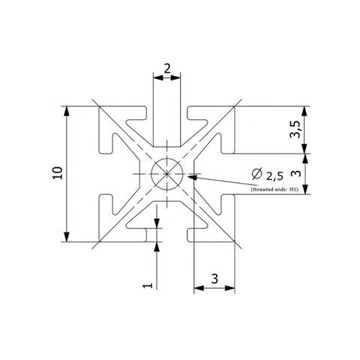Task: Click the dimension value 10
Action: pyautogui.click(x=58, y=172)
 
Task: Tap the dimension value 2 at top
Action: pyautogui.click(x=167, y=68)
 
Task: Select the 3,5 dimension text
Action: pyautogui.click(x=295, y=129)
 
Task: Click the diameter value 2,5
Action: pyautogui.click(x=274, y=176)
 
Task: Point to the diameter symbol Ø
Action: pyautogui.click(x=257, y=174)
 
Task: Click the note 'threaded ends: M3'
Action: pyautogui.click(x=274, y=190)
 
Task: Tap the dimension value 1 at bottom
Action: pyautogui.click(x=148, y=285)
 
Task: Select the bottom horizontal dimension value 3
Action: pyautogui.click(x=214, y=279)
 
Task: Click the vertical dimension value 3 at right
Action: pyautogui.click(x=297, y=173)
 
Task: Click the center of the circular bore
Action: pyautogui.click(x=167, y=173)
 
